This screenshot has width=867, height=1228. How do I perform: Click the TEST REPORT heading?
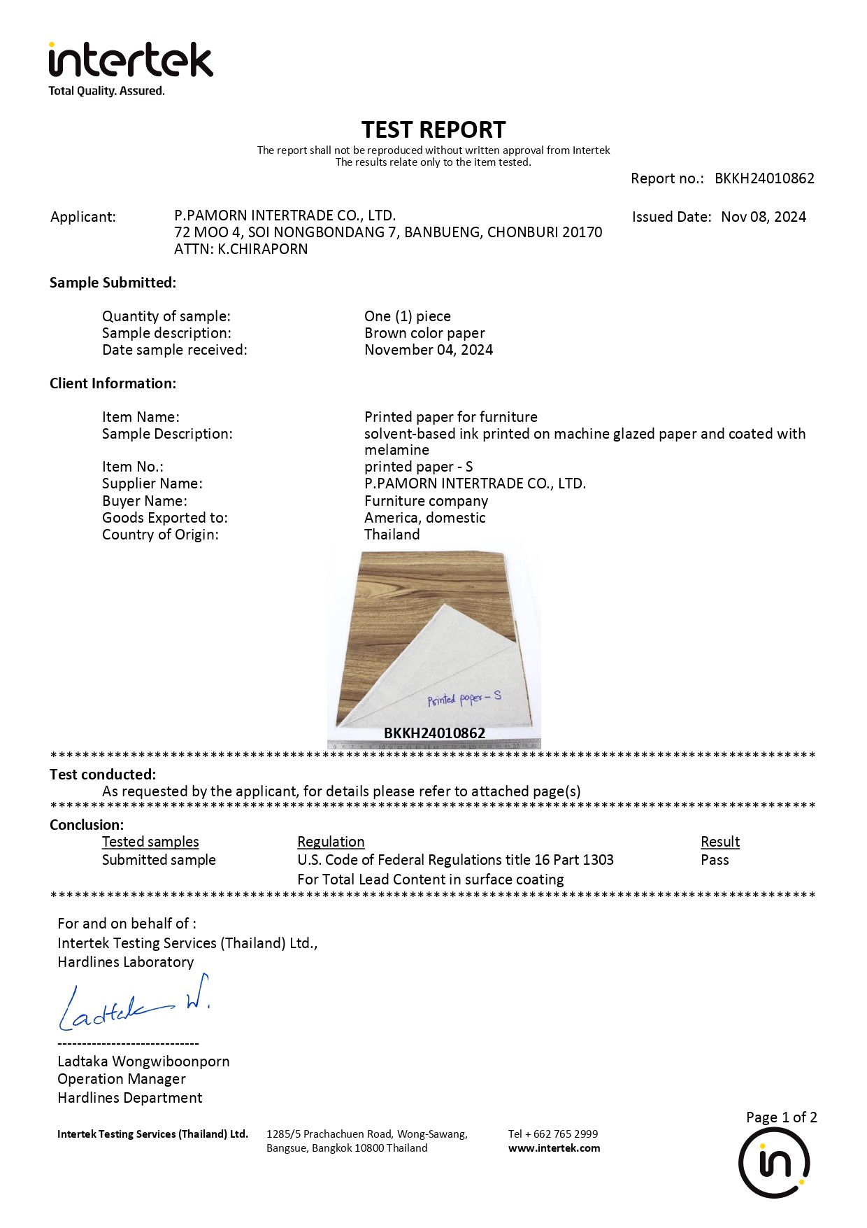(433, 130)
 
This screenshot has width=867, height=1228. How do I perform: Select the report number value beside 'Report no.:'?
(764, 178)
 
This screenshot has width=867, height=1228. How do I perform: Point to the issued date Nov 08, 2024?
(763, 217)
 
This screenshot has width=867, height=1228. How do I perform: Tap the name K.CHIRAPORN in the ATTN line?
(262, 249)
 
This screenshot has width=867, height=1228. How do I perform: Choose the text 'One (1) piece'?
(408, 316)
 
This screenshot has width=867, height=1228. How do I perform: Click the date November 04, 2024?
(429, 350)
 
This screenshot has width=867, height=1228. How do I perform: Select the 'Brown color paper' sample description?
(424, 333)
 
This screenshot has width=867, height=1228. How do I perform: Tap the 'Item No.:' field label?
(133, 467)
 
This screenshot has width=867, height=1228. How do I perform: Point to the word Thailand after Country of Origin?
(392, 535)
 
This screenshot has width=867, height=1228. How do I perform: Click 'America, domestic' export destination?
(425, 518)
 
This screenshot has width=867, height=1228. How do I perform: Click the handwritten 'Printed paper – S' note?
(464, 698)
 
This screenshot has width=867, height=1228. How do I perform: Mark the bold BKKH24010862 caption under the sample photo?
(434, 733)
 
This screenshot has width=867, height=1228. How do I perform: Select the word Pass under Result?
(715, 860)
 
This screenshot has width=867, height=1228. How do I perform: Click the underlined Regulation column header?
(331, 842)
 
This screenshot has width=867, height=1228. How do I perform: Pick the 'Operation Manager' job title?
(122, 1079)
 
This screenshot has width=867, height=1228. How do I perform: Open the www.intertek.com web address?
(554, 1148)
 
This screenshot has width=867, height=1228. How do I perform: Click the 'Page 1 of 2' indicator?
(781, 1117)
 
